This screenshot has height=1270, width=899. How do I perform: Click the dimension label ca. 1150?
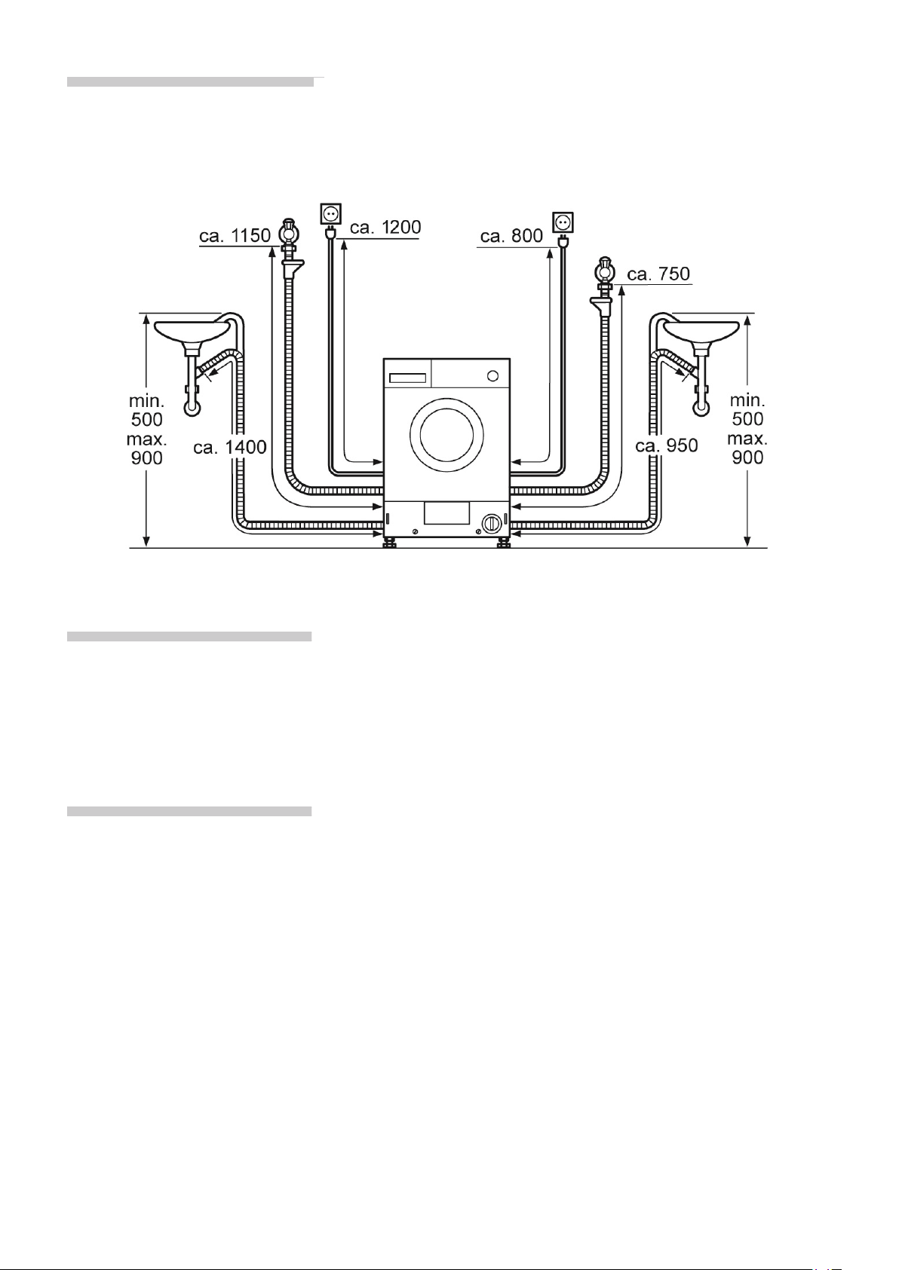[x=235, y=235]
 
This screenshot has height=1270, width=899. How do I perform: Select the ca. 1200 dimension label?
[x=385, y=228]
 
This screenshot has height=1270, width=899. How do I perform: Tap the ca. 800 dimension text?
[x=511, y=236]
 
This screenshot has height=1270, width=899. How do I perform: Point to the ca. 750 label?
[x=658, y=274]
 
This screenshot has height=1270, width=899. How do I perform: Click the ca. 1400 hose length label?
[x=230, y=448]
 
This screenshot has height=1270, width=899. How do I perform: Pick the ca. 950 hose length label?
[x=667, y=445]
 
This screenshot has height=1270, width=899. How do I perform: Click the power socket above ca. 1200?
[x=330, y=213]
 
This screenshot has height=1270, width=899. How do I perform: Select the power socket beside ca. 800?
[x=563, y=222]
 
